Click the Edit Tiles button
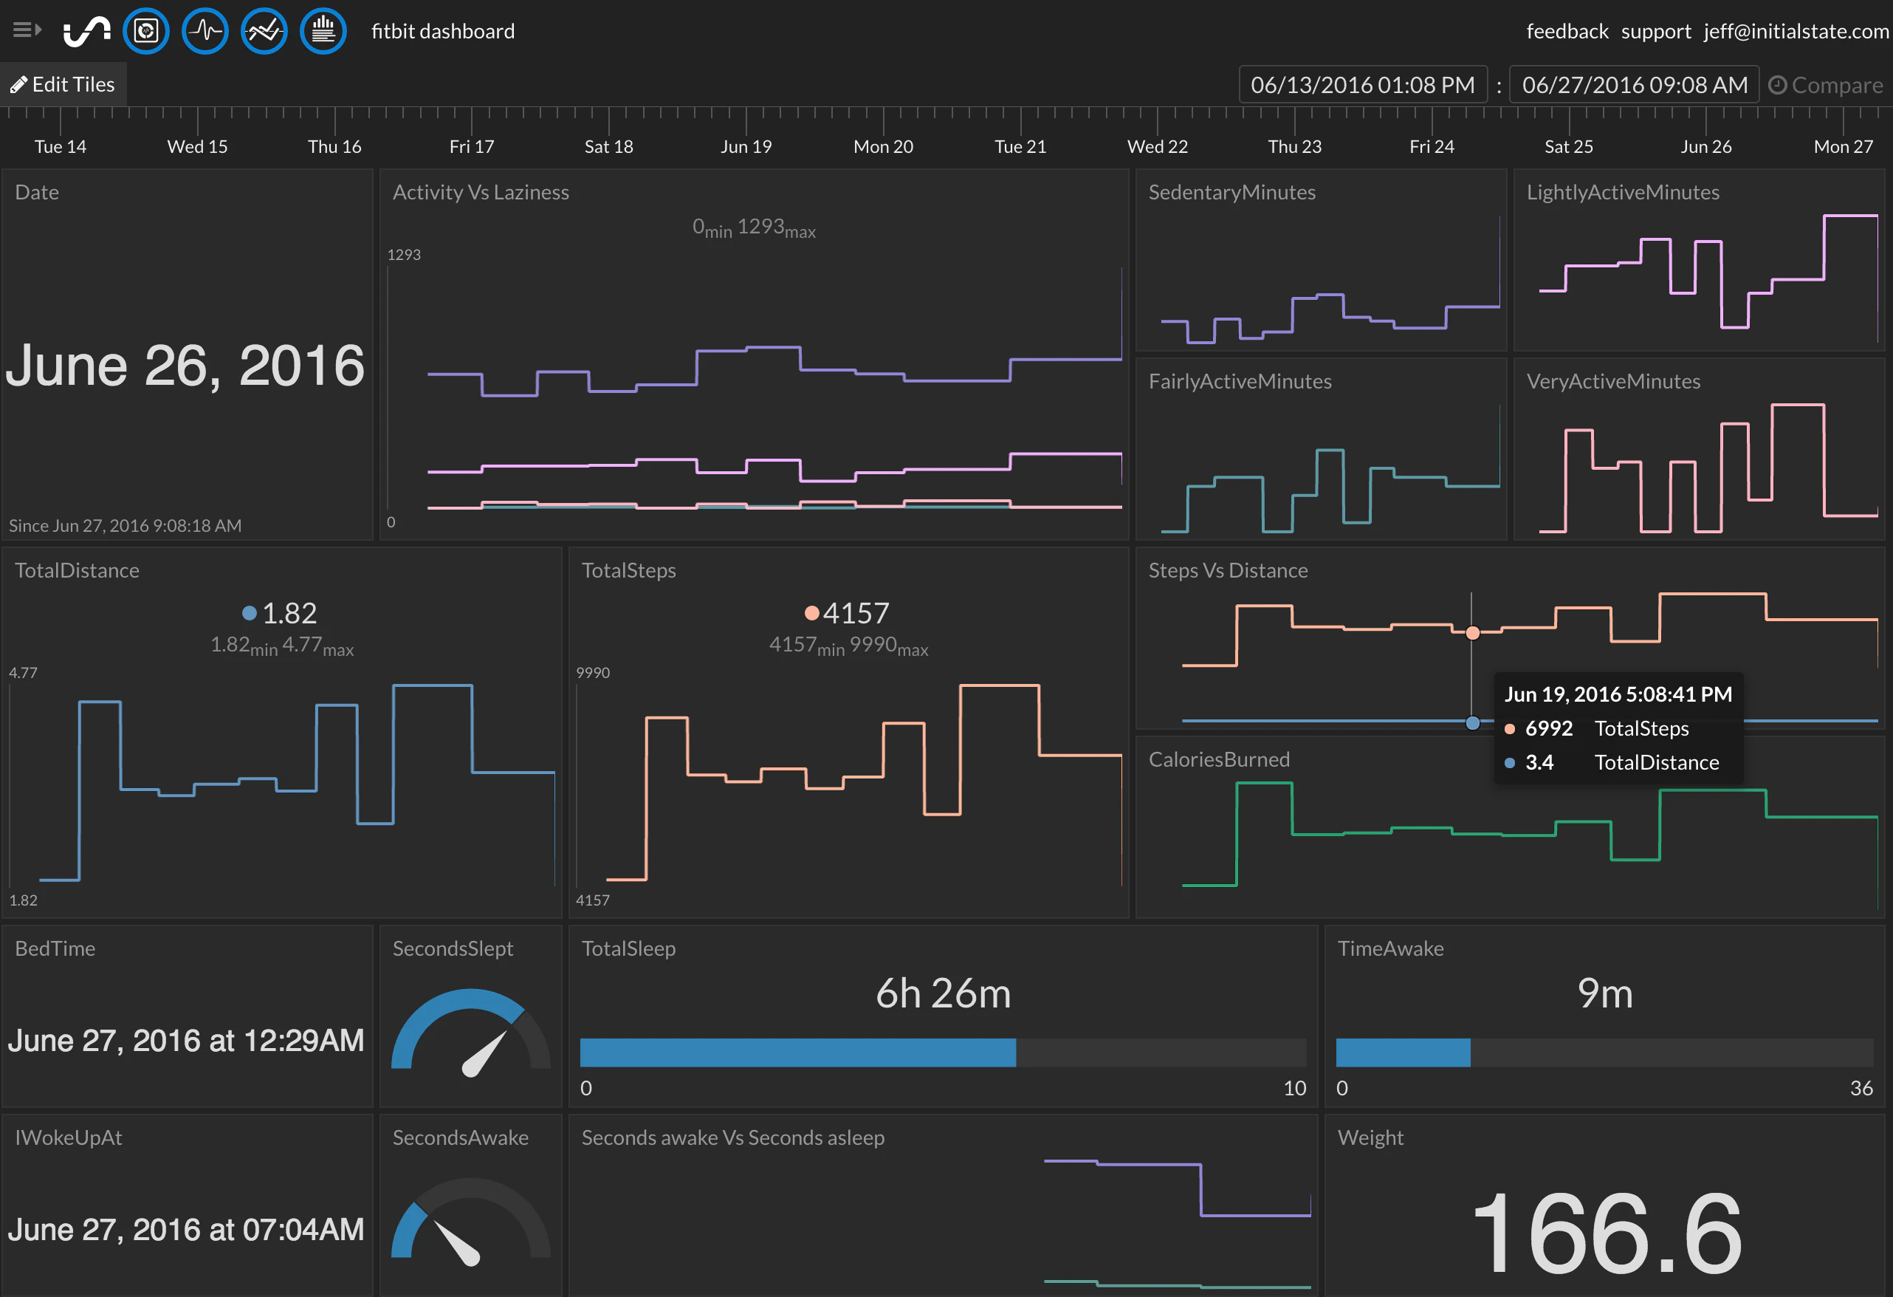pyautogui.click(x=63, y=85)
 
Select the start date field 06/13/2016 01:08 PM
pyautogui.click(x=1362, y=85)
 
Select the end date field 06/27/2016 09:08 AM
pyautogui.click(x=1634, y=85)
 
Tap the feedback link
pyautogui.click(x=1567, y=31)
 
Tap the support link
pyautogui.click(x=1655, y=31)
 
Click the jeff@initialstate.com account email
pyautogui.click(x=1796, y=31)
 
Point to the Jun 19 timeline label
pyautogui.click(x=745, y=147)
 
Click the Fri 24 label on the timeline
pyautogui.click(x=1431, y=147)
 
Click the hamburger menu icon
pyautogui.click(x=26, y=30)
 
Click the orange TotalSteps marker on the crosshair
pyautogui.click(x=1472, y=633)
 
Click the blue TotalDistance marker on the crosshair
pyautogui.click(x=1472, y=722)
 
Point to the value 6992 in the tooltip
pyautogui.click(x=1547, y=728)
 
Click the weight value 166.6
pyautogui.click(x=1606, y=1232)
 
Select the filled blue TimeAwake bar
pyautogui.click(x=1403, y=1053)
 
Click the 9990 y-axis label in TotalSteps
pyautogui.click(x=592, y=673)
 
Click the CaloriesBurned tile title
pyautogui.click(x=1218, y=759)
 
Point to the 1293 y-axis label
pyautogui.click(x=403, y=255)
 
